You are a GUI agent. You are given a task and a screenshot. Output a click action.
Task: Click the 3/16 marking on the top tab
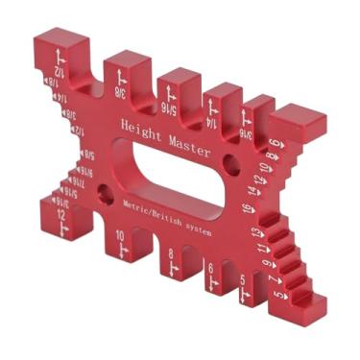point(248,134)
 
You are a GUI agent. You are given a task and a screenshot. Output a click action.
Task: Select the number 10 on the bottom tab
point(120,237)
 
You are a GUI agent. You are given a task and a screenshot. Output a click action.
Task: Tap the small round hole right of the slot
point(230,164)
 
